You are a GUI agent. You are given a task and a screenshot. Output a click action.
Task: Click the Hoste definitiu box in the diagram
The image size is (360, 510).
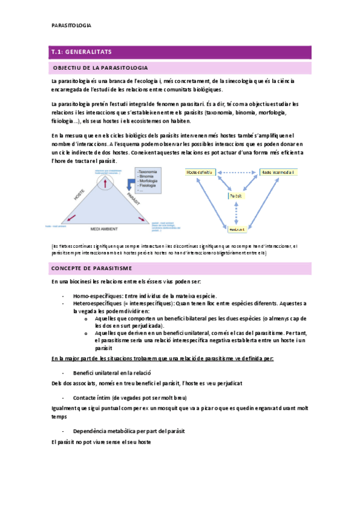pos(200,172)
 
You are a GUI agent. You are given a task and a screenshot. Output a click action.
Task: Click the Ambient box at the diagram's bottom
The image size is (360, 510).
pos(237,229)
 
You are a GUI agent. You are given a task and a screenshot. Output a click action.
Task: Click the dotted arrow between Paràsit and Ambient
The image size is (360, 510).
pos(237,213)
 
